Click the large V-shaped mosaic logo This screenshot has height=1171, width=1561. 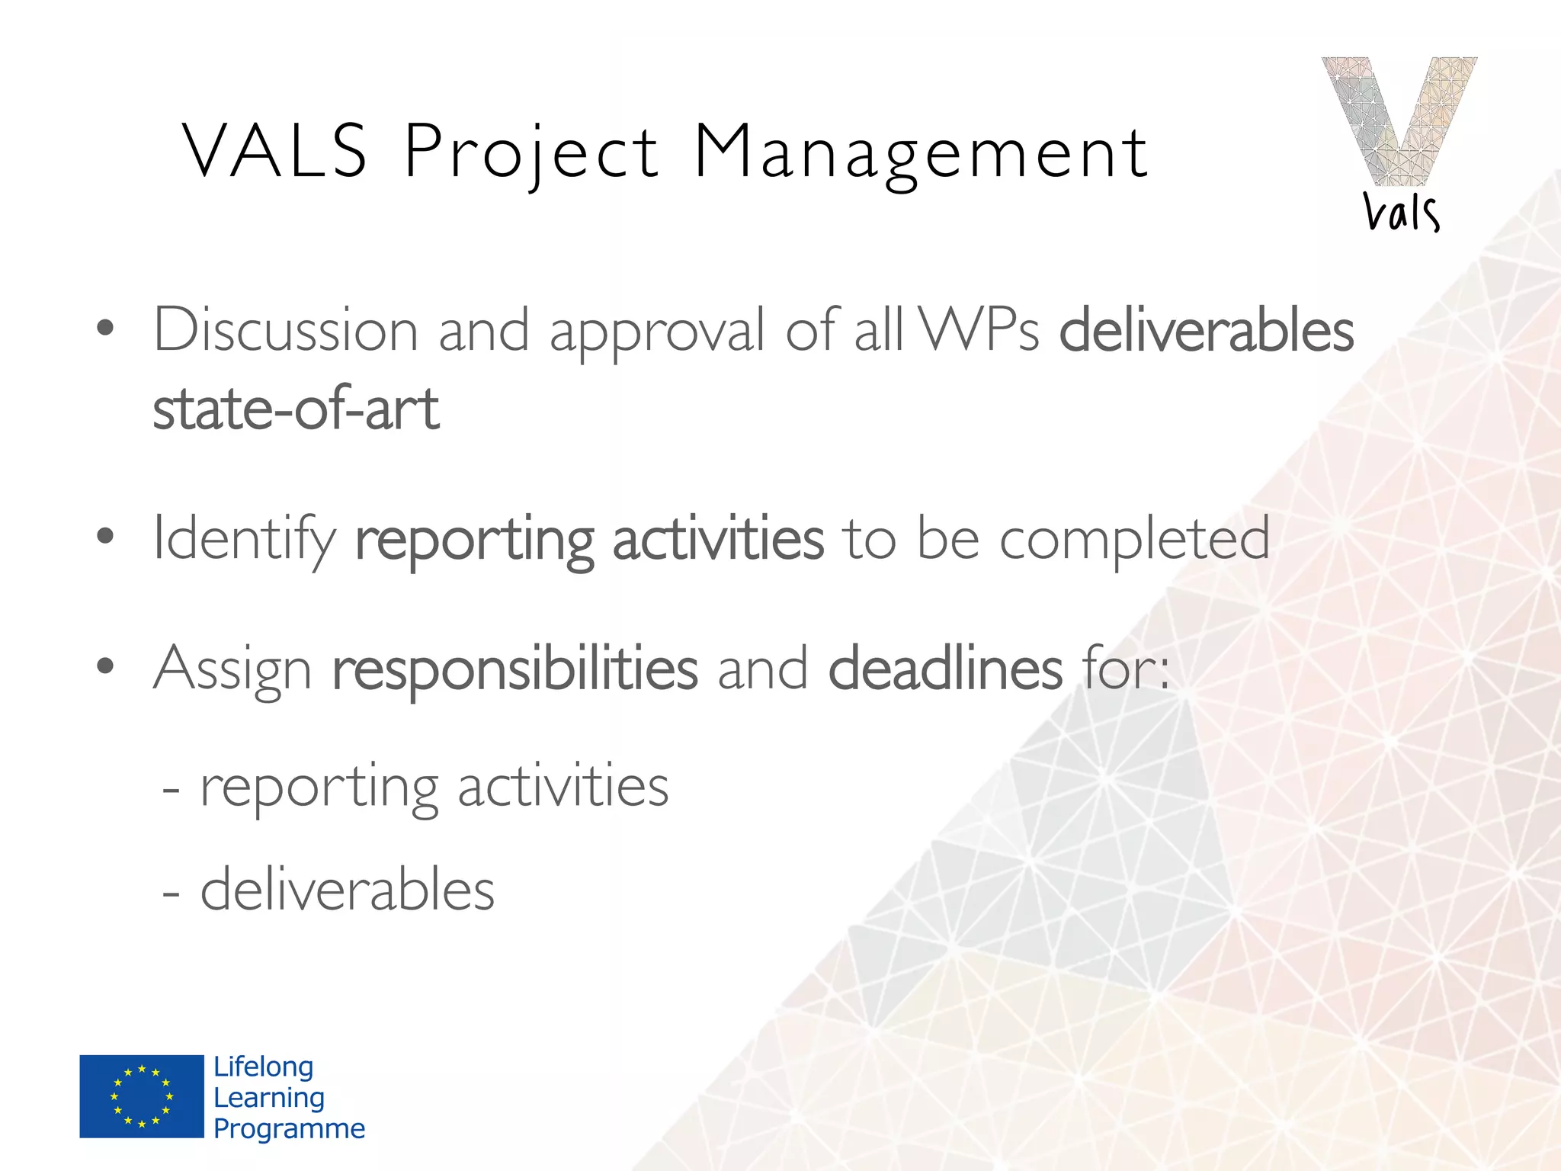1399,120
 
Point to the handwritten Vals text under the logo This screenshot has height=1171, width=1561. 1401,212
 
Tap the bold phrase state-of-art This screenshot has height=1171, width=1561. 296,409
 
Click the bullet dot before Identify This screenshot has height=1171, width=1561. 105,536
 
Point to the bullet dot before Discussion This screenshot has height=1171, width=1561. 105,329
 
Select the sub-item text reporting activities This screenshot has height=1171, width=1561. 434,787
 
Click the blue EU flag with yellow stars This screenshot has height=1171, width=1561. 142,1096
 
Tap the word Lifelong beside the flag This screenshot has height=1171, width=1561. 263,1067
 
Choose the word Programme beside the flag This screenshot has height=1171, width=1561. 289,1129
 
